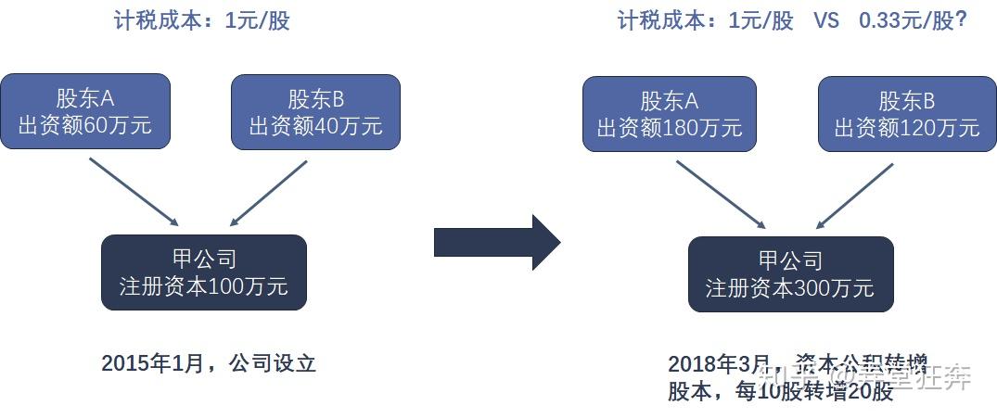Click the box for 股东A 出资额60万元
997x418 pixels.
point(85,111)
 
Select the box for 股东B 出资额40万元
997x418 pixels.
point(315,111)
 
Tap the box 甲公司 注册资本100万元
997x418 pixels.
point(203,272)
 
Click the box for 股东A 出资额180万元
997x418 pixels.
point(669,114)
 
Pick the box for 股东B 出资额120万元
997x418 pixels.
point(906,114)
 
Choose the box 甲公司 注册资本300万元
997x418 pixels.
point(790,273)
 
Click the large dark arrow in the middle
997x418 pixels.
point(496,242)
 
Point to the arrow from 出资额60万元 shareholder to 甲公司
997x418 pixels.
point(134,192)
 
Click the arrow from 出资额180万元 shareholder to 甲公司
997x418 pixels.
point(721,195)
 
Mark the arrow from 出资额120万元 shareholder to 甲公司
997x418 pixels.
point(854,196)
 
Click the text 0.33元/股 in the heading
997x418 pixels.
point(913,20)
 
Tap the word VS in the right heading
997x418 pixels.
point(826,20)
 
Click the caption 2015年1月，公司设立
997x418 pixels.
point(209,362)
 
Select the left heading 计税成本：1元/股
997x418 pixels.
point(201,20)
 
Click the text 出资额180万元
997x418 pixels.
point(669,128)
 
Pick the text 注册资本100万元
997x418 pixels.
point(203,285)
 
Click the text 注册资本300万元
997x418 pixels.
point(790,287)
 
